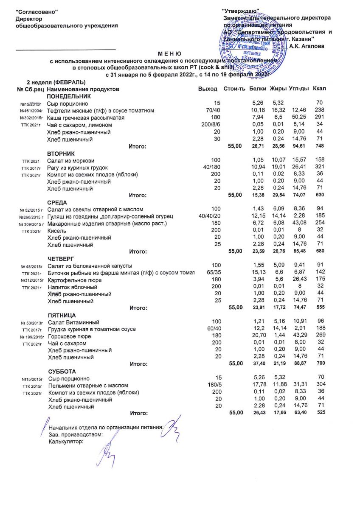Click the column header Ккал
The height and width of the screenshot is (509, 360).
(x=319, y=89)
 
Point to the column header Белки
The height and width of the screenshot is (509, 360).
(x=258, y=89)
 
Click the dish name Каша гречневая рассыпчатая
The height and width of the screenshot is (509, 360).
(x=86, y=117)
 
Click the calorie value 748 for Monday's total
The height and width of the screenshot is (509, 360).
(x=320, y=146)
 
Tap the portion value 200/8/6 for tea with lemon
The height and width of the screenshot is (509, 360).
(x=211, y=125)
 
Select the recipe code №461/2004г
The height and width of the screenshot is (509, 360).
(x=32, y=111)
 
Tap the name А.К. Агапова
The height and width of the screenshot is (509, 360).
(x=307, y=46)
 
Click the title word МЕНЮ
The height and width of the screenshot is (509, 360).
(x=169, y=54)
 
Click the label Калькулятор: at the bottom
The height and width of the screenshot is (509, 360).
(x=66, y=441)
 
